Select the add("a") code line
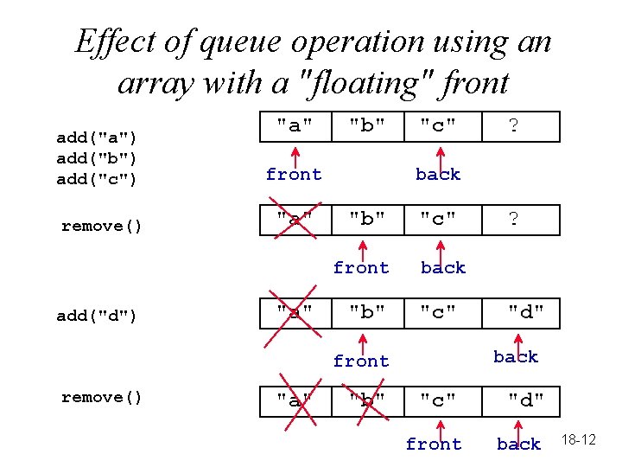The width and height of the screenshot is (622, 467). tap(97, 138)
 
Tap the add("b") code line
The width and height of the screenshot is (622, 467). tap(97, 159)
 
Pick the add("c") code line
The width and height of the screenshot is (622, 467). tap(97, 180)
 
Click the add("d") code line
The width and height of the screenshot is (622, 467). tap(97, 316)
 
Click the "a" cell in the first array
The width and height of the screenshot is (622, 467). tap(295, 126)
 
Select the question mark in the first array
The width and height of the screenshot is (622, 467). tap(513, 126)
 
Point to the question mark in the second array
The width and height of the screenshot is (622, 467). tap(513, 219)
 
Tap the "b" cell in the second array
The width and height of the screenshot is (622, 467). tap(367, 219)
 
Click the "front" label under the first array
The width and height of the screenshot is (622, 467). tap(294, 175)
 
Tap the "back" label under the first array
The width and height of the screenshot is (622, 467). tap(438, 175)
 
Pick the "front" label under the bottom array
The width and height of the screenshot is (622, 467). tap(434, 445)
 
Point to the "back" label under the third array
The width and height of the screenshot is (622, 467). tap(516, 356)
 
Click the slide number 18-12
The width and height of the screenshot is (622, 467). tap(578, 440)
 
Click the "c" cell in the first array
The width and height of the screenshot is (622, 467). tap(439, 126)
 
